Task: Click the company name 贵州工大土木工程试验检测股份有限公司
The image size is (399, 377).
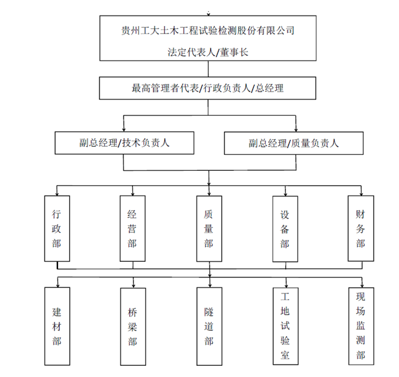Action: tap(208, 30)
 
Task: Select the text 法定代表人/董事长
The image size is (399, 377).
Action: tap(208, 53)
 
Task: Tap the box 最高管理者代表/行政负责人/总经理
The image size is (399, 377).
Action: tap(208, 88)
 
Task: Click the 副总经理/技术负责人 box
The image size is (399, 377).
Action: tap(124, 143)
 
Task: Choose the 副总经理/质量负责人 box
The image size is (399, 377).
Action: tap(293, 143)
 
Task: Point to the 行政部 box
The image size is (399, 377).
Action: tap(57, 227)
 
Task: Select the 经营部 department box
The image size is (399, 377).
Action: tap(132, 227)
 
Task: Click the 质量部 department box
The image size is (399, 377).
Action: tap(209, 227)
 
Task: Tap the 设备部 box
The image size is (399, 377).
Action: tap(285, 227)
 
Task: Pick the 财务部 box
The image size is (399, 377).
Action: tap(360, 227)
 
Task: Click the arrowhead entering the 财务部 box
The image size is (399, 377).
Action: tap(360, 192)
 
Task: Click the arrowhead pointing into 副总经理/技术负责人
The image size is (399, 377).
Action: tap(124, 128)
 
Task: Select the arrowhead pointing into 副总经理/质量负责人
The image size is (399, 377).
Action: tap(293, 128)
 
